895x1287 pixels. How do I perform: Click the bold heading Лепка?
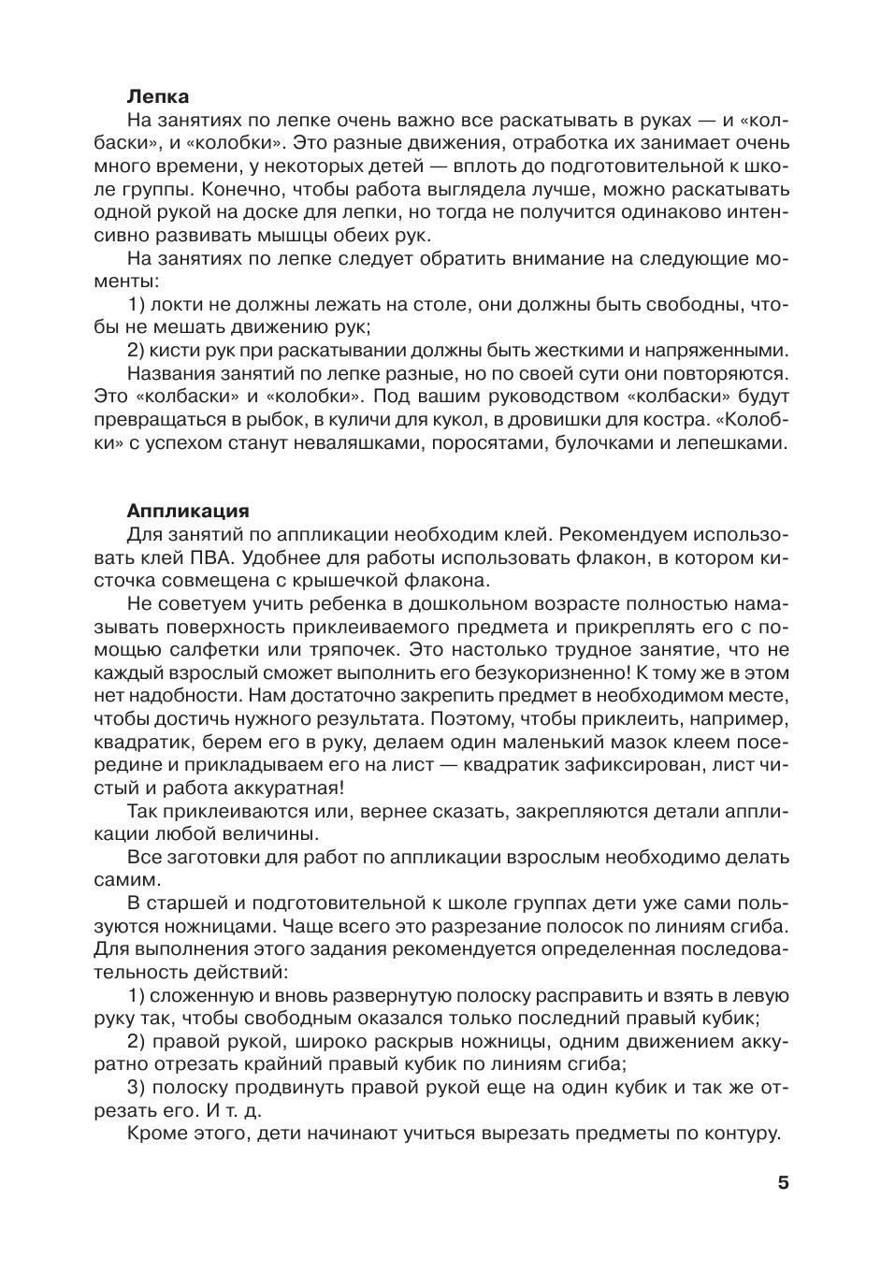pos(157,96)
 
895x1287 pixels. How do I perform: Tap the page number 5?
pos(783,1182)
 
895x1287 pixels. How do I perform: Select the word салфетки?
pos(211,650)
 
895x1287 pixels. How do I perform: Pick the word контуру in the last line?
pos(738,1134)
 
